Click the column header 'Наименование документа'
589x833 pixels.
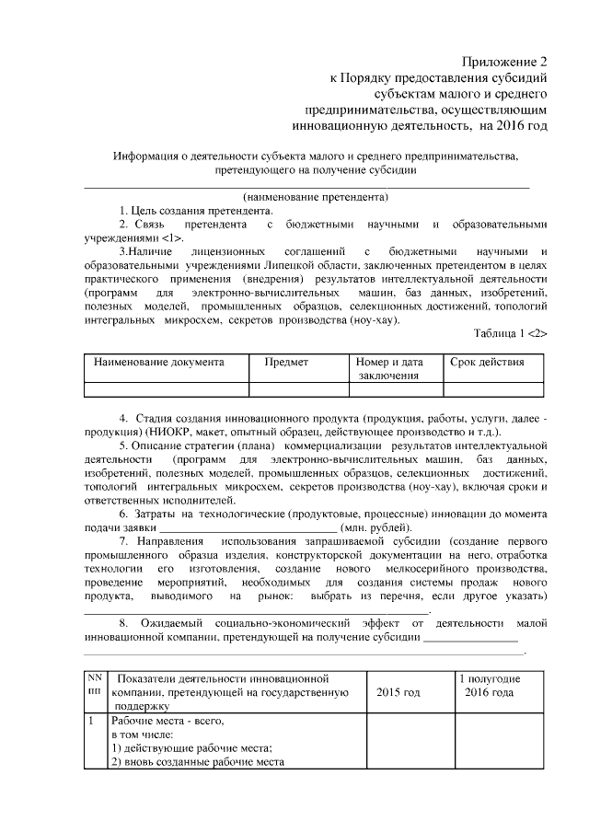159,362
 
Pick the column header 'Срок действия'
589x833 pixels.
488,362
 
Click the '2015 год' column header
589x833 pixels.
398,691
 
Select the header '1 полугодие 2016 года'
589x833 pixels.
490,685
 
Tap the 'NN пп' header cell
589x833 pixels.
95,685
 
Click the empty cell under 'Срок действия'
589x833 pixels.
495,389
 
